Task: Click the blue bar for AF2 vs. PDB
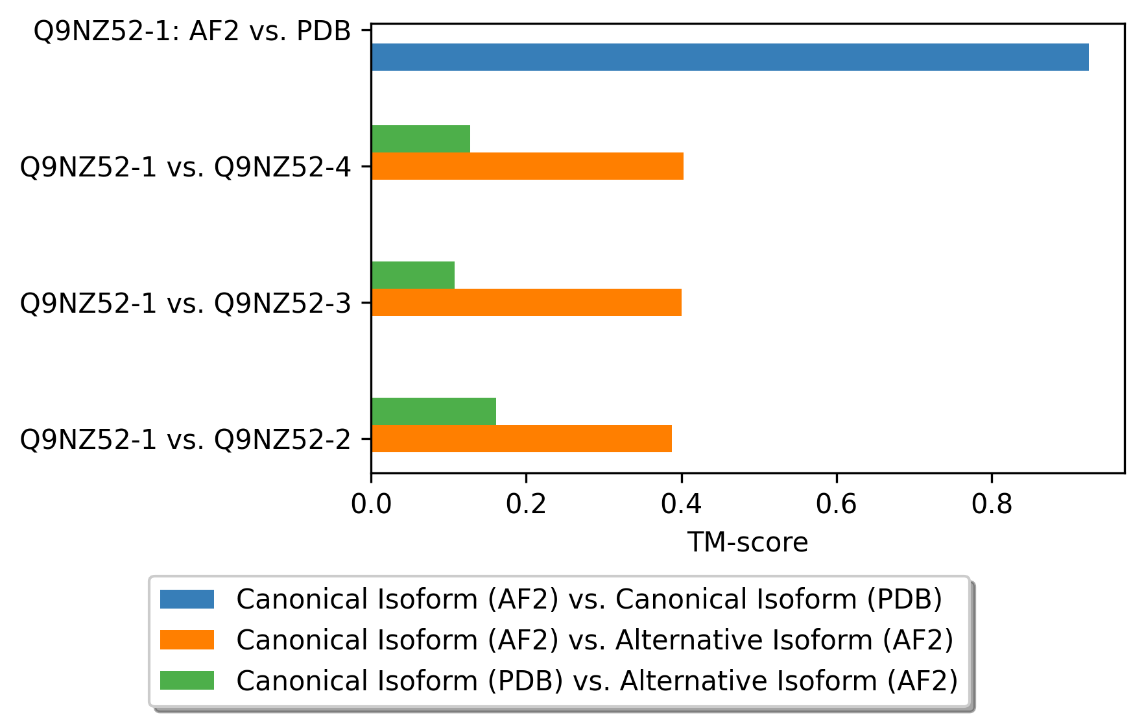[x=730, y=57]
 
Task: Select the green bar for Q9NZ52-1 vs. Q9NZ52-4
[x=421, y=139]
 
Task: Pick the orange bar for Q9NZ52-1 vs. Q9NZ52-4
[x=527, y=166]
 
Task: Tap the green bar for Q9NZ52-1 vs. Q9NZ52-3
[x=413, y=275]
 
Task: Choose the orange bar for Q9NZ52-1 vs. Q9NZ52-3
[x=527, y=302]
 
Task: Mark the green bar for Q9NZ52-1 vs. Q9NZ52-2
[x=434, y=411]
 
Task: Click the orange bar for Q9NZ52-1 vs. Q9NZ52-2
[x=521, y=439]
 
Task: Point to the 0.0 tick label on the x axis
[x=372, y=504]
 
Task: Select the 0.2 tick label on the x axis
[x=527, y=504]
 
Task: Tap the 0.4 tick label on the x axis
[x=682, y=504]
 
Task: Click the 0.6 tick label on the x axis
[x=837, y=504]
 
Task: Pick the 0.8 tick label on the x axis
[x=992, y=504]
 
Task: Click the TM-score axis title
[x=748, y=542]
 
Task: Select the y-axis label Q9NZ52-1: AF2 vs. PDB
[x=193, y=31]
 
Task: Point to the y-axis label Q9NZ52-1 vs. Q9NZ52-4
[x=185, y=167]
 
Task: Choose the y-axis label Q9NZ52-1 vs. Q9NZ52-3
[x=185, y=304]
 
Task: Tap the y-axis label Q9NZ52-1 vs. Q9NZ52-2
[x=185, y=440]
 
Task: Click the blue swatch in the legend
[x=187, y=599]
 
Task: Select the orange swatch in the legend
[x=187, y=640]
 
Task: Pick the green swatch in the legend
[x=187, y=681]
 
